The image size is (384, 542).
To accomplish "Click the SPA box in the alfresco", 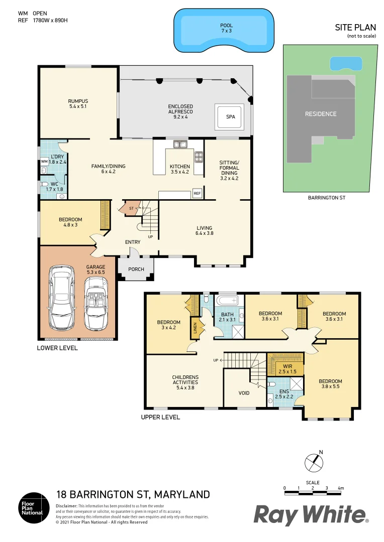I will [x=231, y=117].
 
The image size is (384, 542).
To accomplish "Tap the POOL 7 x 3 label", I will [x=226, y=28].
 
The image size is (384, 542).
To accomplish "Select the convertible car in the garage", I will [x=95, y=305].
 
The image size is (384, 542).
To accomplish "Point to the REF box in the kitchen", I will [x=197, y=193].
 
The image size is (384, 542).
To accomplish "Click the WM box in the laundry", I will [x=44, y=162].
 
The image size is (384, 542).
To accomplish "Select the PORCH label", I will [x=136, y=269].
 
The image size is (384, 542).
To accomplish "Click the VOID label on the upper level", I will [x=244, y=393].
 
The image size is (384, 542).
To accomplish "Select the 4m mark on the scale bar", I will [x=341, y=488].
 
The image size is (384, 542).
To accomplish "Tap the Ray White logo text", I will [x=310, y=515].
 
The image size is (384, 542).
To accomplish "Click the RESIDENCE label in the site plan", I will [x=321, y=114].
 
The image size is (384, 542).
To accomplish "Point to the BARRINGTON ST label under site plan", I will [x=327, y=198].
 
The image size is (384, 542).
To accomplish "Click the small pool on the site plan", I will [x=346, y=64].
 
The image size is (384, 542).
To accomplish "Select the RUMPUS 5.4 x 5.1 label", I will [x=78, y=103].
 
